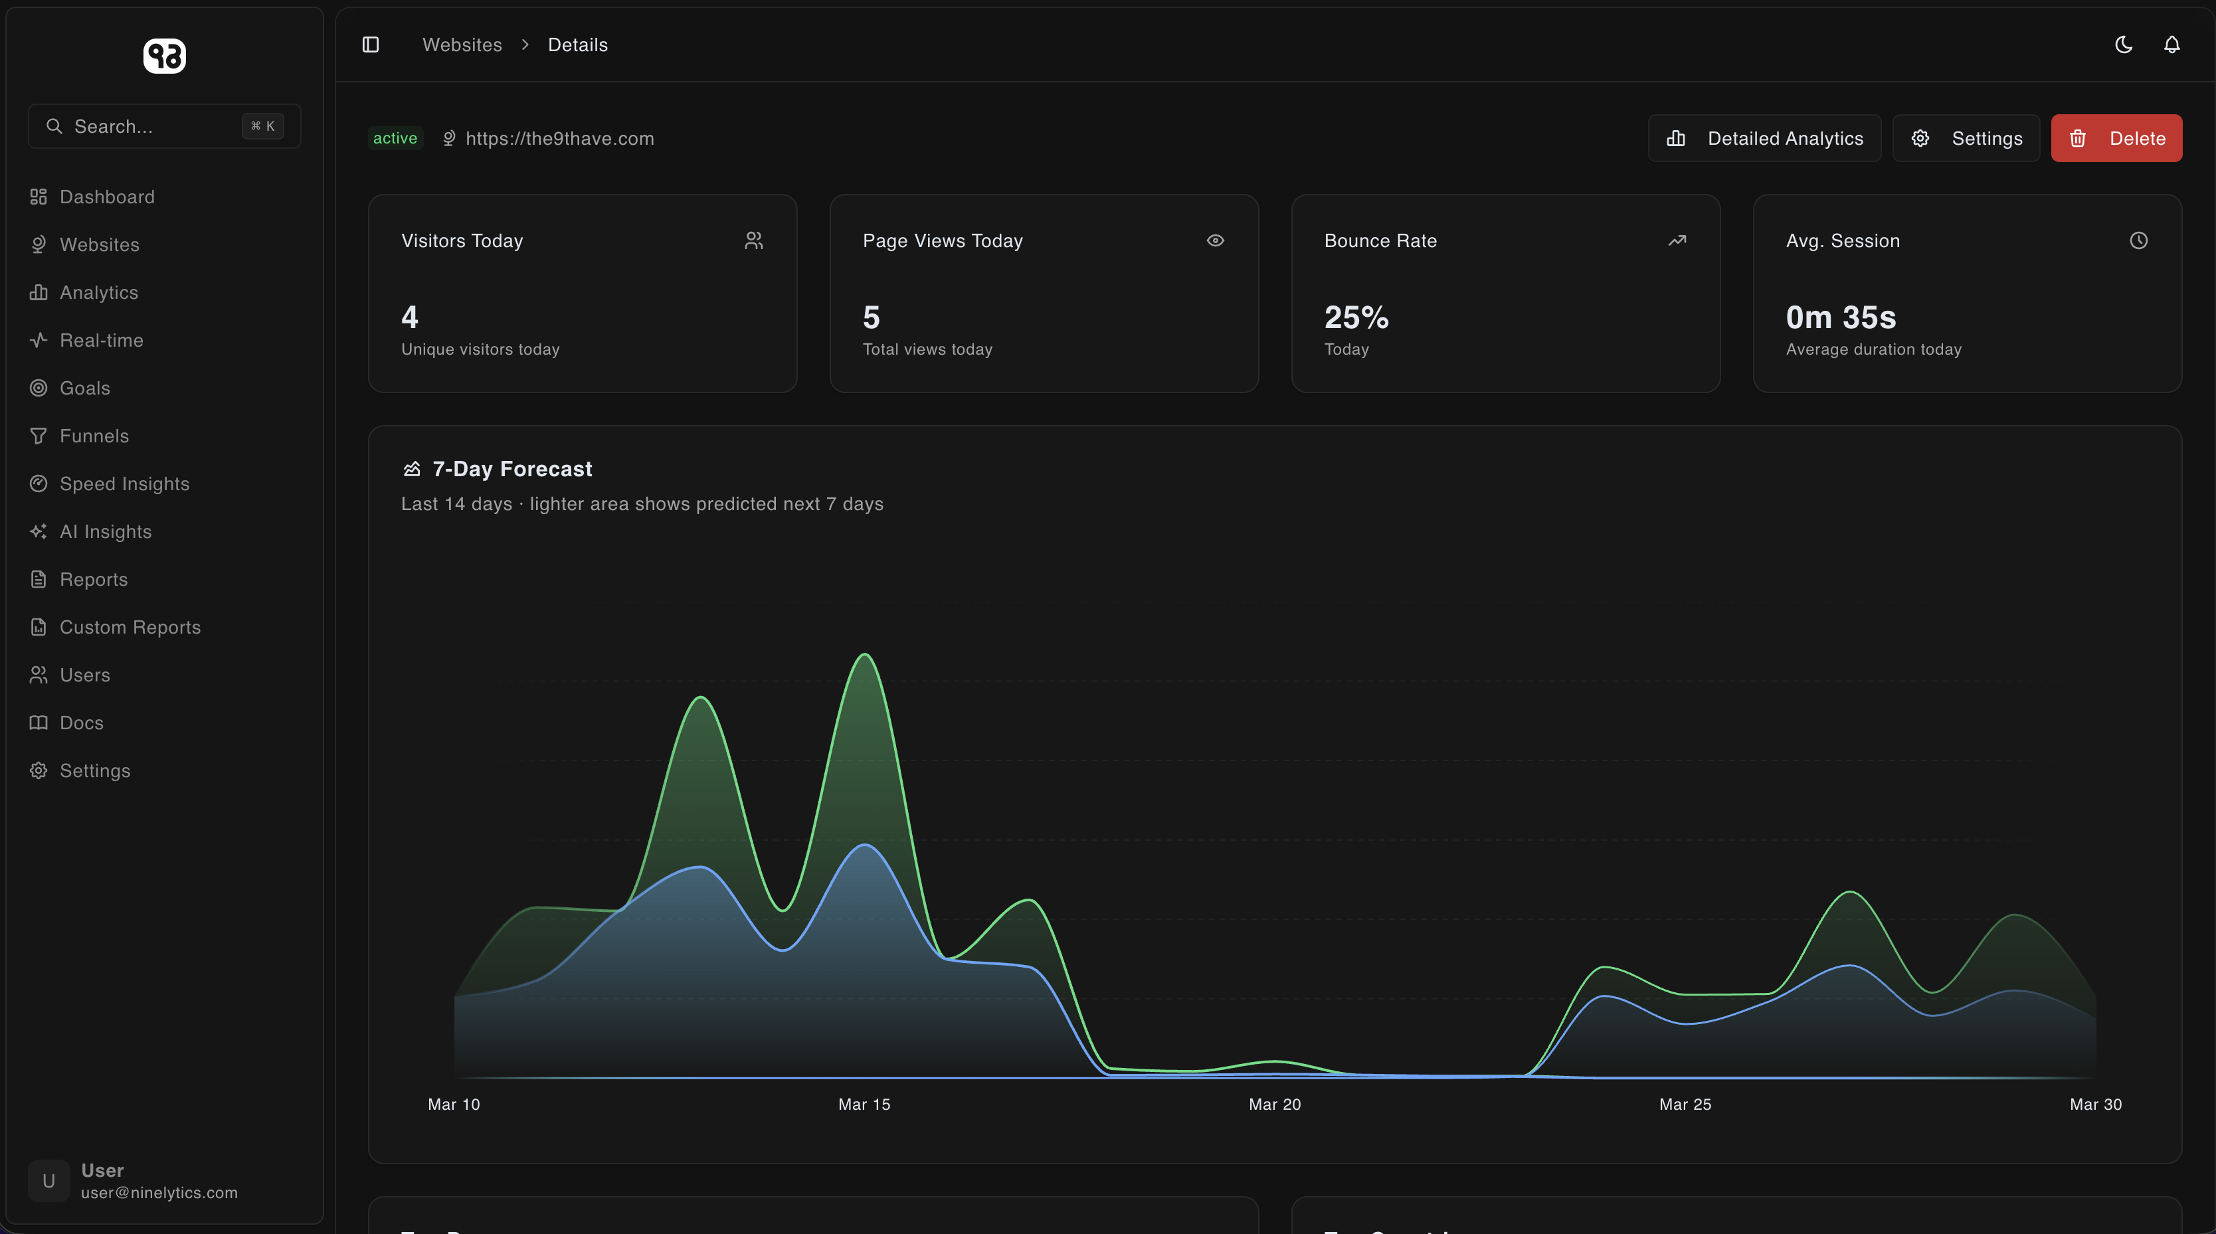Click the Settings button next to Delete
[1966, 138]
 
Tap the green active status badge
[395, 138]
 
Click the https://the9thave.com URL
[559, 138]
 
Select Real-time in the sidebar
[101, 341]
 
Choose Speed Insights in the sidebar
[124, 484]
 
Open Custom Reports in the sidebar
[130, 628]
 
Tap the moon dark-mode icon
[2123, 44]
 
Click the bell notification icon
[2171, 44]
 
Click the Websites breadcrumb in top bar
[462, 44]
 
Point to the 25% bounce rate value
[1356, 317]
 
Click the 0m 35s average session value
[1840, 317]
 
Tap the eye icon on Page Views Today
[1215, 241]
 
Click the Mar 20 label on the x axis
[1274, 1104]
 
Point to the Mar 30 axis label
[2094, 1104]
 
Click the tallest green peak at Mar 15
[865, 656]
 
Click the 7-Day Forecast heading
[512, 469]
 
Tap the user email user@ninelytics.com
[159, 1193]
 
